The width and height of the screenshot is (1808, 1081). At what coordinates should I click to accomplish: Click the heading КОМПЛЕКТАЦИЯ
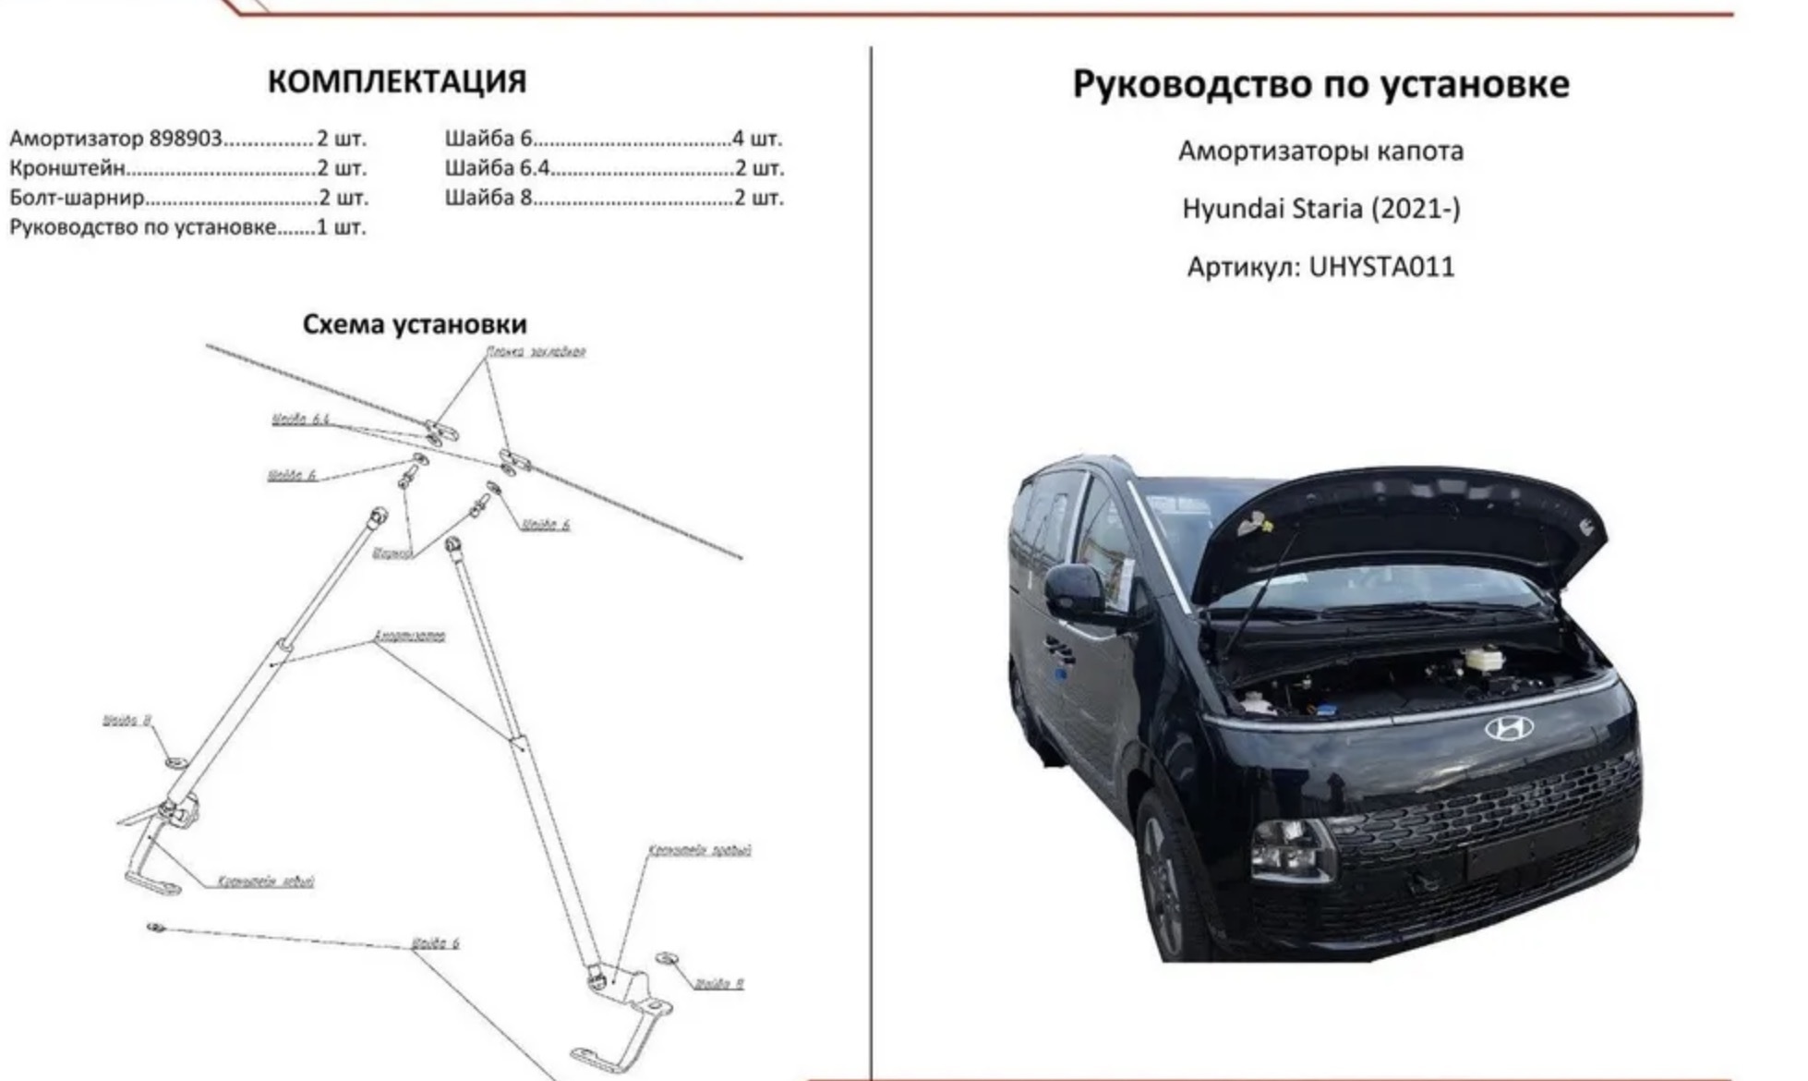[397, 81]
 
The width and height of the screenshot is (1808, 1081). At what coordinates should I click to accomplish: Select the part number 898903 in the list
[186, 139]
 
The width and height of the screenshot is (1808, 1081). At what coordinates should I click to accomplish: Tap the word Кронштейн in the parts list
[66, 168]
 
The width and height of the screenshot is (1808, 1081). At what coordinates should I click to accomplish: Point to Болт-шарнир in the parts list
[77, 198]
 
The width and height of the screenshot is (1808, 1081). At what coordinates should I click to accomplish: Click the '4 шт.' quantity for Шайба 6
[757, 139]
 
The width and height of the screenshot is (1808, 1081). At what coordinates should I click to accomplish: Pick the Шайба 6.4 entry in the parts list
[497, 168]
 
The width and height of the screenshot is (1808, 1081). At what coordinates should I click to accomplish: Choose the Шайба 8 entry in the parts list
[488, 198]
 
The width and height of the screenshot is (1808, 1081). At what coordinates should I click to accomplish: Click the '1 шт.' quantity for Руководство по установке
[342, 227]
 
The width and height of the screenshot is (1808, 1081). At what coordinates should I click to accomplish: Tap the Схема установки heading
[415, 324]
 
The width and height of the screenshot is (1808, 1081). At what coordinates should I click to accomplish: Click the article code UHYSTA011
[1381, 267]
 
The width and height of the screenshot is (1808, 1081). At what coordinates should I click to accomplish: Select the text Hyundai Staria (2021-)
[1321, 209]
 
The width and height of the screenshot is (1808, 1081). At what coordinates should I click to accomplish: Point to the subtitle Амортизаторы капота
[1320, 151]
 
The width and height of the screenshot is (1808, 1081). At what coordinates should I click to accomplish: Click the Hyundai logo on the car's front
[1508, 729]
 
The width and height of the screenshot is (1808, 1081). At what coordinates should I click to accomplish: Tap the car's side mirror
[1074, 591]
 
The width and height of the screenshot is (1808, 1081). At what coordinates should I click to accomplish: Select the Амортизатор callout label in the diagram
[409, 636]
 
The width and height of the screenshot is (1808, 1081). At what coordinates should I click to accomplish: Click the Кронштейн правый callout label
[699, 850]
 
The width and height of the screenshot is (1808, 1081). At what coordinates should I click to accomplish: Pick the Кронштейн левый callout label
[266, 881]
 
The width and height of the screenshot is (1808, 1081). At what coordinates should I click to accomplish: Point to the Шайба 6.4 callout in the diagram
[300, 419]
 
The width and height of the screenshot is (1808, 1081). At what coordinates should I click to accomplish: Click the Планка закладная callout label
[536, 352]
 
